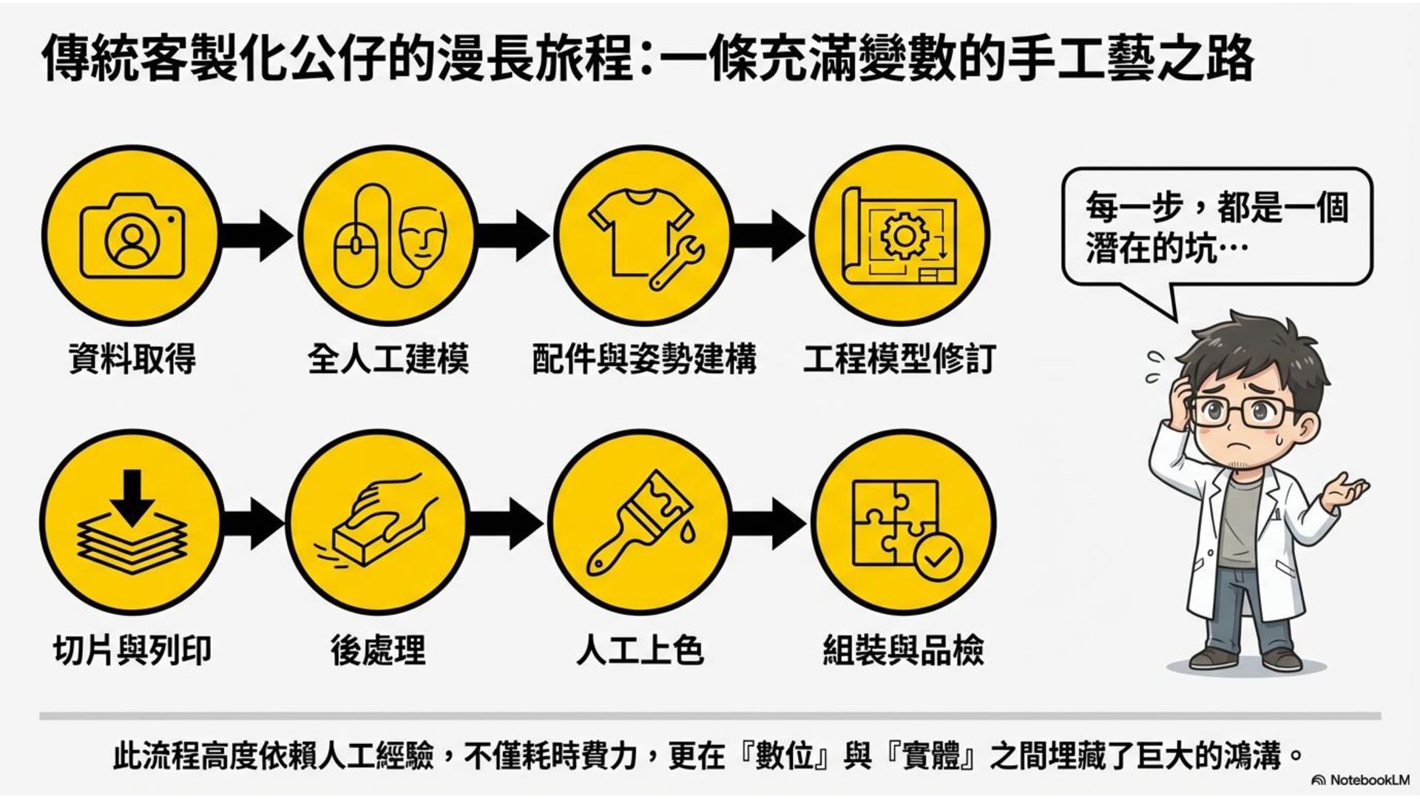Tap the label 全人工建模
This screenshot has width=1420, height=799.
388,360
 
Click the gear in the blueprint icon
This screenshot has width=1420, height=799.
903,235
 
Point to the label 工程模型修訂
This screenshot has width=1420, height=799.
899,360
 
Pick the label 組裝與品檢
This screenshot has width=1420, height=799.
903,650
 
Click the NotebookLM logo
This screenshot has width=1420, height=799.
1360,780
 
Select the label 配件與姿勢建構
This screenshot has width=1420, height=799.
644,360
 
